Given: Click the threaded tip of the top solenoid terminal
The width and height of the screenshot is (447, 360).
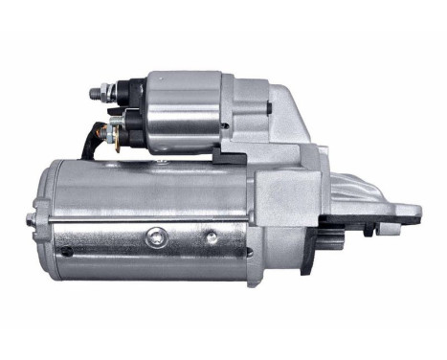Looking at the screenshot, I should point(93,92).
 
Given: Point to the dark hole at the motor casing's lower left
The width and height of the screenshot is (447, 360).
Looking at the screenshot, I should point(66,251).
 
